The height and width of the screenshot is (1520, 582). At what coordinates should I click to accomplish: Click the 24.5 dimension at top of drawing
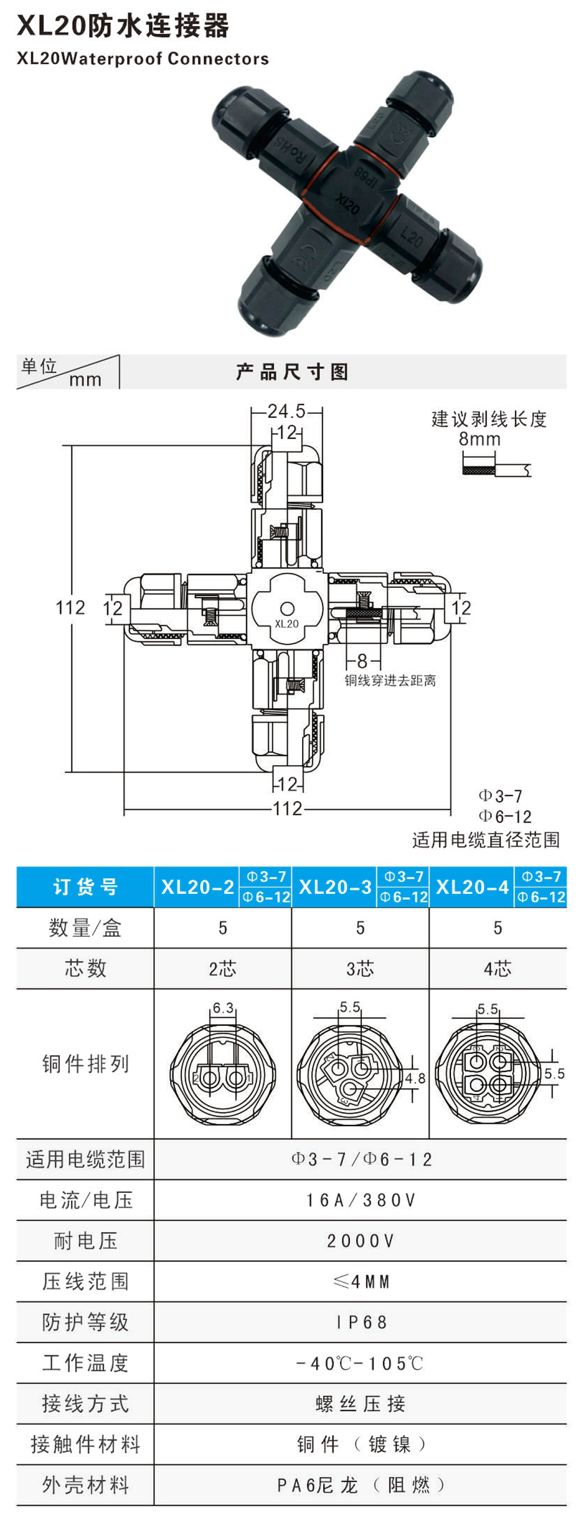pyautogui.click(x=286, y=411)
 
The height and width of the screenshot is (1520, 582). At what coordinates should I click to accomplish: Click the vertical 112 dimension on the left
pyautogui.click(x=70, y=607)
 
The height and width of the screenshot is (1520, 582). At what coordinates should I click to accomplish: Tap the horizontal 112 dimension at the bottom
pyautogui.click(x=287, y=808)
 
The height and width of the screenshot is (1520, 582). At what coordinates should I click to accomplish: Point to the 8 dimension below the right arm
pyautogui.click(x=363, y=661)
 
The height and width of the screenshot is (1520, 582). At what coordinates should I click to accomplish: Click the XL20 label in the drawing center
pyautogui.click(x=287, y=624)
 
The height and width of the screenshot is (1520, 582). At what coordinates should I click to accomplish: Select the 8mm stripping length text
pyautogui.click(x=480, y=438)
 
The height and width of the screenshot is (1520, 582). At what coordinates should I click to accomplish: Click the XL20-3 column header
pyautogui.click(x=335, y=886)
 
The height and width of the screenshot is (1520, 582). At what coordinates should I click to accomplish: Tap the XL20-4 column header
pyautogui.click(x=472, y=886)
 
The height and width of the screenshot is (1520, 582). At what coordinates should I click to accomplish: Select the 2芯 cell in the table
pyautogui.click(x=222, y=968)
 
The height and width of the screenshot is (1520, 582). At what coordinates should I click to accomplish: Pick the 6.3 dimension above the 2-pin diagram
pyautogui.click(x=223, y=1007)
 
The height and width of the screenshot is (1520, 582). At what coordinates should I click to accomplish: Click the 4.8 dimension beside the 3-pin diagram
pyautogui.click(x=415, y=1078)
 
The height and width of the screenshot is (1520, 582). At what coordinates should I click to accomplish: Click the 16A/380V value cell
pyautogui.click(x=360, y=1199)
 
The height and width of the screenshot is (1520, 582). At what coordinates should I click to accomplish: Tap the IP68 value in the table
pyautogui.click(x=361, y=1322)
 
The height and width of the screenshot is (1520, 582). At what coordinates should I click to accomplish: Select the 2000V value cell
pyautogui.click(x=360, y=1241)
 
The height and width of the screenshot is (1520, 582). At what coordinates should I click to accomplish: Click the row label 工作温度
pyautogui.click(x=85, y=1363)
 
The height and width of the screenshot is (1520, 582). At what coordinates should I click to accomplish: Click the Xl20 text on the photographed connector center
pyautogui.click(x=347, y=204)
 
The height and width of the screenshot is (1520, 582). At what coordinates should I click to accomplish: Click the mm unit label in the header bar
pyautogui.click(x=86, y=379)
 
